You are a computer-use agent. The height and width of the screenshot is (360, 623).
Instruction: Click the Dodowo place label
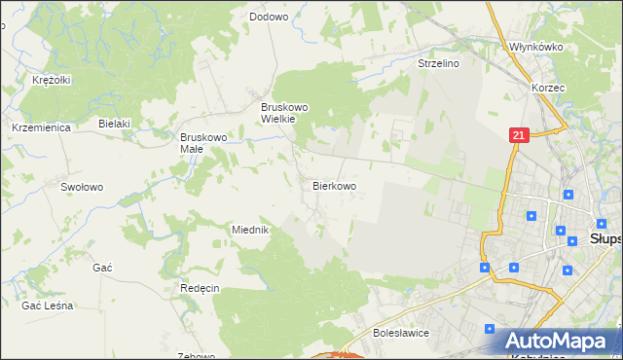(x=269, y=17)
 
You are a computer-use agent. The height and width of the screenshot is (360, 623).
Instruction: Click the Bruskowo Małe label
(x=202, y=143)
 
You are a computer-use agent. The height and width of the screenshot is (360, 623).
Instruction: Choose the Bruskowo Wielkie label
(x=284, y=112)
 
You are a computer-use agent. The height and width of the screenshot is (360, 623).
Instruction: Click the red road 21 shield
(x=518, y=137)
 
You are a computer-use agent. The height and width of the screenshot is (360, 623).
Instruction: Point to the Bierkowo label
(x=334, y=185)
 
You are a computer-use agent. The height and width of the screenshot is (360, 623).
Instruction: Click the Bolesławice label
(x=402, y=333)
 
